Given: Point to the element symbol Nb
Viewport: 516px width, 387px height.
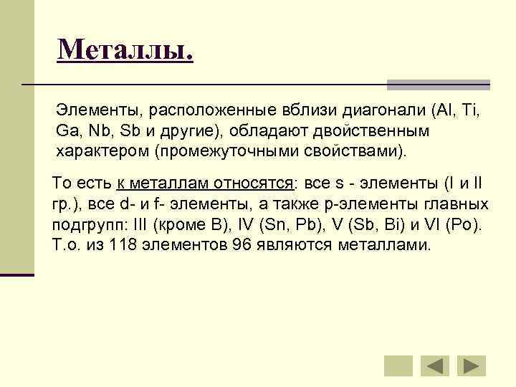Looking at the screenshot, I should point(97,132).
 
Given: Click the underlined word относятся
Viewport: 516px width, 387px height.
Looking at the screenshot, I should point(256,183).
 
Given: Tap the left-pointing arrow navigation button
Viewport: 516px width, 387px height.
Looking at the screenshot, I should point(434,365).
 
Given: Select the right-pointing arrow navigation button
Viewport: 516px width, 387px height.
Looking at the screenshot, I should point(471,365).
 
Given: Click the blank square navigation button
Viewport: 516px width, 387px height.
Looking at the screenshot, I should point(398,365).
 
